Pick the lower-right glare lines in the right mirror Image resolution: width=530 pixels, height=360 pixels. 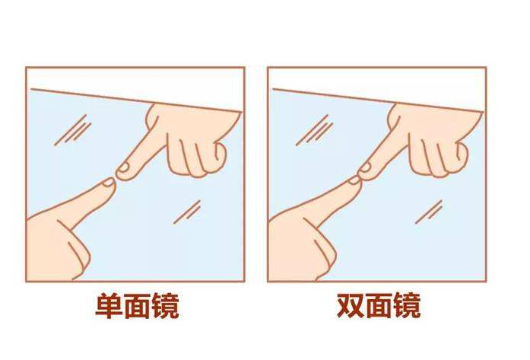pos(430,211)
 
